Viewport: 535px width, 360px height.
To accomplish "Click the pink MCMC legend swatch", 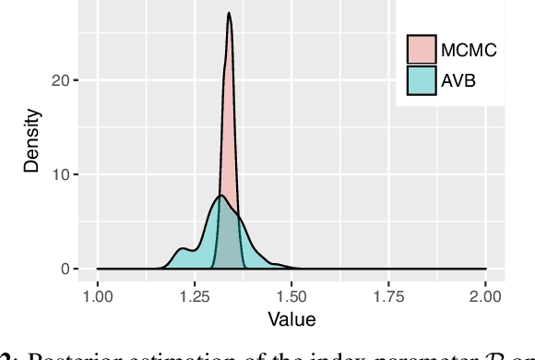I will (421, 50).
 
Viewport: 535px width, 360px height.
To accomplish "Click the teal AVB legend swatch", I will (421, 80).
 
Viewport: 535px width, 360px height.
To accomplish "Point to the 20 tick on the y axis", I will (62, 80).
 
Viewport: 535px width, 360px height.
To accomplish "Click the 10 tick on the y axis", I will (62, 174).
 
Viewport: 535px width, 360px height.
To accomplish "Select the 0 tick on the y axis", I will (65, 269).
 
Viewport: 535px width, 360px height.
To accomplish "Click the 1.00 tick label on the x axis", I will (98, 296).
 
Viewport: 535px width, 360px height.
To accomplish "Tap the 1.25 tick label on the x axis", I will (195, 296).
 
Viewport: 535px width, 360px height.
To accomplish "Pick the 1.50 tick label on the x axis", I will (291, 296).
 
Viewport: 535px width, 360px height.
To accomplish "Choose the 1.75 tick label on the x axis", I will (388, 296).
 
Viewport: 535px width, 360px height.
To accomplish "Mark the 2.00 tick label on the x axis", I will (485, 296).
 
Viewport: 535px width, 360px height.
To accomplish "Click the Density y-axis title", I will (32, 141).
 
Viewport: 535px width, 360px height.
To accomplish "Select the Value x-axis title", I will (291, 320).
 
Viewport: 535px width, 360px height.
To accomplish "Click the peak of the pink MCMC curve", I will (229, 14).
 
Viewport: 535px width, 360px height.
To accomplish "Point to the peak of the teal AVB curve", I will (220, 196).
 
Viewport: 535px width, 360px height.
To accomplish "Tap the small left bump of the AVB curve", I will (183, 248).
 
